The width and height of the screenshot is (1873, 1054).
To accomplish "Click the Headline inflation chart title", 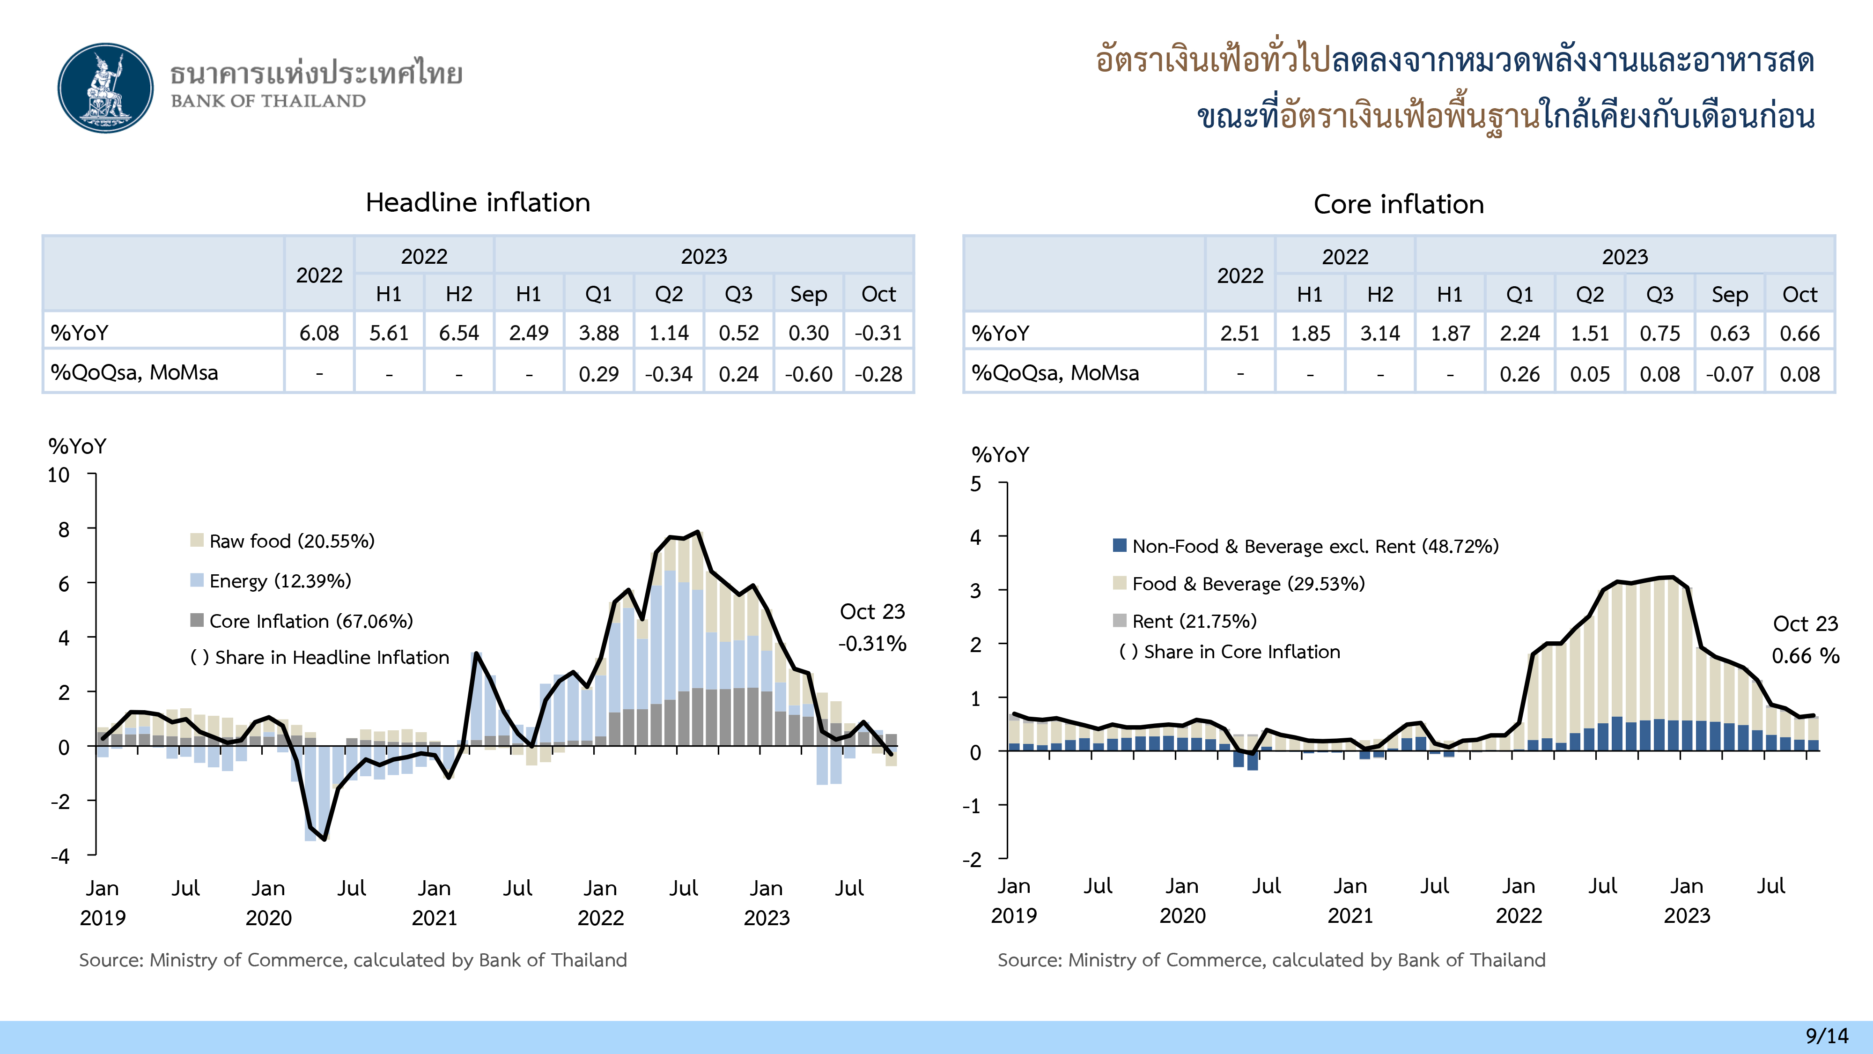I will (x=478, y=202).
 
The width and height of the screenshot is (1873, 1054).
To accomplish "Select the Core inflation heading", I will (x=1398, y=204).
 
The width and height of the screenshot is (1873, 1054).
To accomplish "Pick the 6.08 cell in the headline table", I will (x=319, y=333).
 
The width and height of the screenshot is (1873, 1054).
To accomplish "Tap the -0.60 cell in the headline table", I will (x=809, y=374).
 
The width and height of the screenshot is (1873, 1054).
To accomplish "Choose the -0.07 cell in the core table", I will (x=1729, y=374).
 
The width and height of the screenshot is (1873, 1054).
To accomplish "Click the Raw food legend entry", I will (x=291, y=541).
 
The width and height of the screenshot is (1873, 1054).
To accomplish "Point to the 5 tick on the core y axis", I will (x=976, y=484).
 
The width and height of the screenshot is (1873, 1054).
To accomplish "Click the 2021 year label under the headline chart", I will (x=434, y=918).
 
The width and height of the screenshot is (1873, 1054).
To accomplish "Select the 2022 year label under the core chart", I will (x=1518, y=916).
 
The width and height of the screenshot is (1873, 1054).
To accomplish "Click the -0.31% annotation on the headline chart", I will (x=872, y=644).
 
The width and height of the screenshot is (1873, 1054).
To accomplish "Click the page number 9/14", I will (x=1827, y=1036).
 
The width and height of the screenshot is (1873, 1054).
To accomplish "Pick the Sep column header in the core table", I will (x=1729, y=295).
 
